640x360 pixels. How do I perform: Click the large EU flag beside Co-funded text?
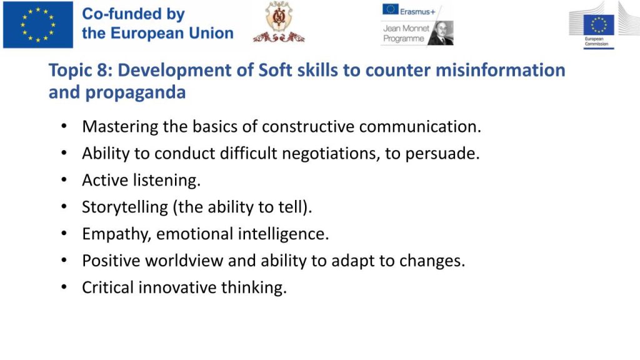tap(38, 24)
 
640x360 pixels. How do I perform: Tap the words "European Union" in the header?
tap(172, 33)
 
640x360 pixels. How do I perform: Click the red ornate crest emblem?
tap(279, 22)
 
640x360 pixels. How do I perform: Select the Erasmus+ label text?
tap(417, 12)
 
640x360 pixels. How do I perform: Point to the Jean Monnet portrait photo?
tap(441, 32)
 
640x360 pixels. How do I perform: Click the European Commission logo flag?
tap(599, 25)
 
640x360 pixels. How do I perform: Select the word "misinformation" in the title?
tap(501, 70)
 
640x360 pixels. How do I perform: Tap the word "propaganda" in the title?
tap(136, 92)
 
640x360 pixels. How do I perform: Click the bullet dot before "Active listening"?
tap(64, 179)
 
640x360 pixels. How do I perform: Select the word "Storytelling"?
tap(125, 207)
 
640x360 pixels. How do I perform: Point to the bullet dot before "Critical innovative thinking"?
tap(64, 287)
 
